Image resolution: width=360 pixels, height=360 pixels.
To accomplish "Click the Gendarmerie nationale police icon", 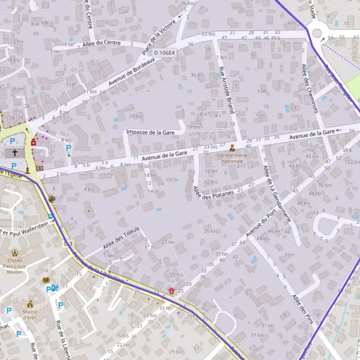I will coord(233,147).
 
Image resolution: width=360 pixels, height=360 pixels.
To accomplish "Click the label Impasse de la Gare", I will coord(150,132).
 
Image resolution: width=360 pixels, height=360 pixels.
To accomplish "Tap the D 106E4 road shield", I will coord(164,53).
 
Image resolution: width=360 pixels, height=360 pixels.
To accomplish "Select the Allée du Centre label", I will coord(102,43).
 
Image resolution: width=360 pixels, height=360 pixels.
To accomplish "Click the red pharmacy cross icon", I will coord(34,144).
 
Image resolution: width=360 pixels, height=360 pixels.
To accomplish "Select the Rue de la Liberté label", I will coord(62,340).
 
